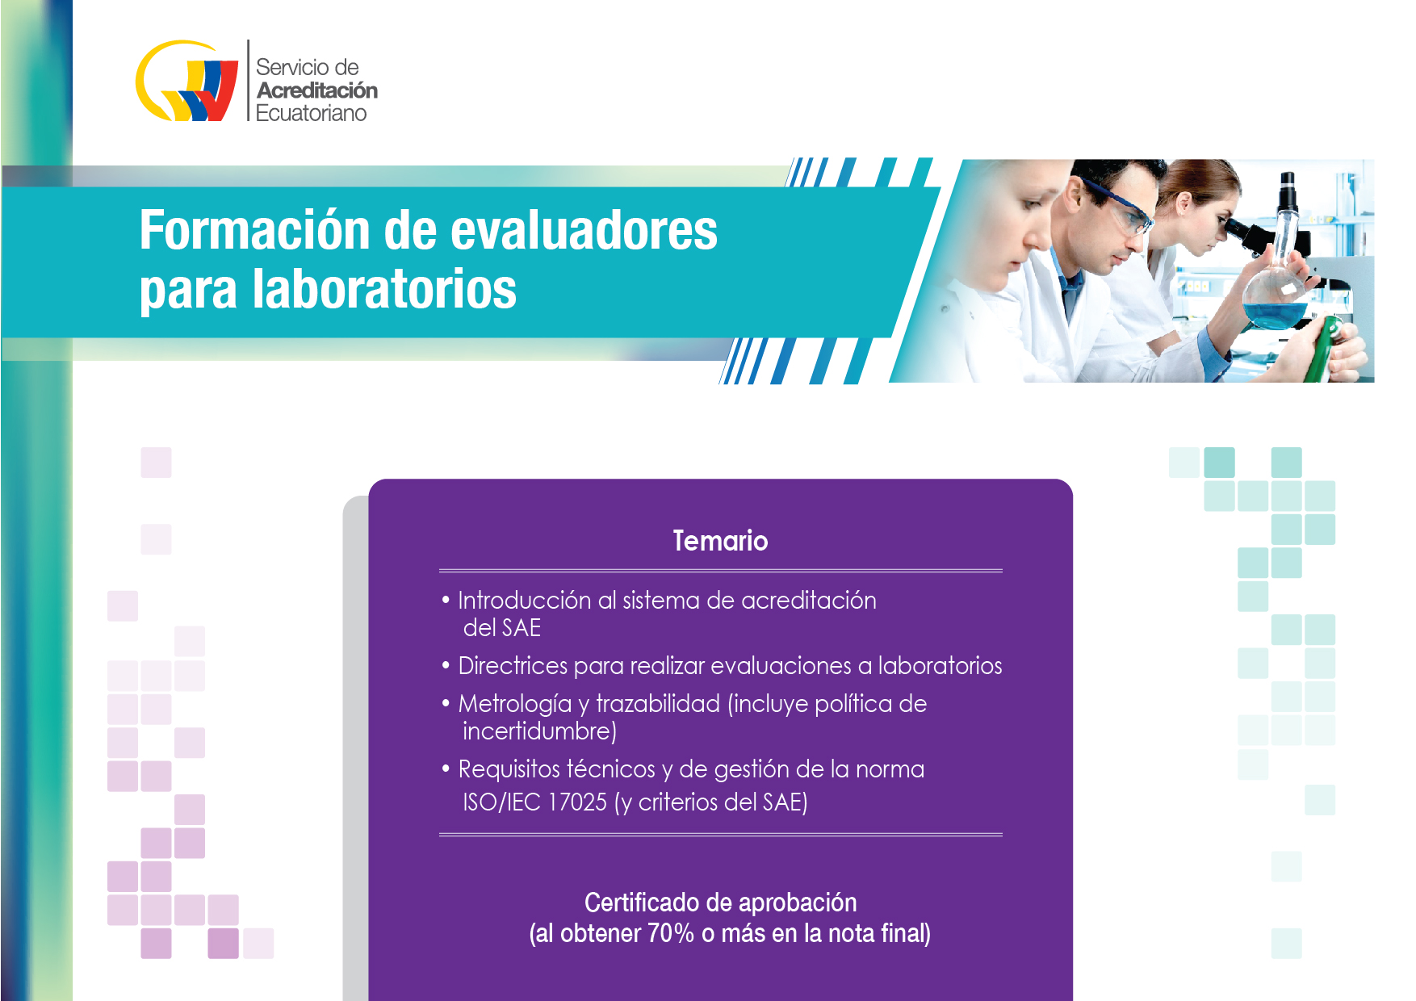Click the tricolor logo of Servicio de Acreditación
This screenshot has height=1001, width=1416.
[186, 81]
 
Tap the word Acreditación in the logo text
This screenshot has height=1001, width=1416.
[317, 90]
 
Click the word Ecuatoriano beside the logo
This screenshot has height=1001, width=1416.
[311, 113]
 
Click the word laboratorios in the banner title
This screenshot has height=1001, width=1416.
[384, 289]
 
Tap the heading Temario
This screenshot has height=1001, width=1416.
[721, 541]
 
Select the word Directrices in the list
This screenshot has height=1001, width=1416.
[513, 666]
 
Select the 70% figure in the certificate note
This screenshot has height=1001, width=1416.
[670, 934]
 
